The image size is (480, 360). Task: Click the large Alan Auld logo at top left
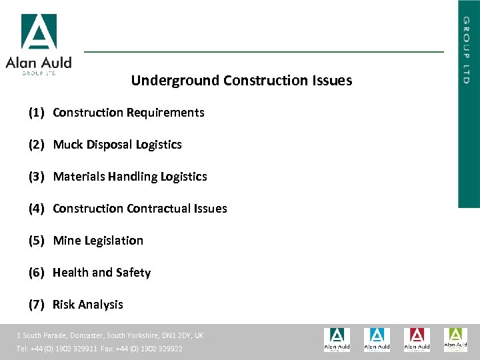pyautogui.click(x=39, y=43)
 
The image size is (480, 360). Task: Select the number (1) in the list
pyautogui.click(x=36, y=113)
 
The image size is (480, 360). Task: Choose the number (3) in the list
pyautogui.click(x=36, y=177)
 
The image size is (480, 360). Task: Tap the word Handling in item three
pyautogui.click(x=134, y=177)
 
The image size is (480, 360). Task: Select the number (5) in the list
pyautogui.click(x=36, y=241)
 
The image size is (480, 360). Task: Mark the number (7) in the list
pyautogui.click(x=36, y=305)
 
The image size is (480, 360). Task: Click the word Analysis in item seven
pyautogui.click(x=101, y=305)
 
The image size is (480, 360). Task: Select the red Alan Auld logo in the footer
pyautogui.click(x=417, y=339)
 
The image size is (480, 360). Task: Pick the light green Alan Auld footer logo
pyautogui.click(x=456, y=339)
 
